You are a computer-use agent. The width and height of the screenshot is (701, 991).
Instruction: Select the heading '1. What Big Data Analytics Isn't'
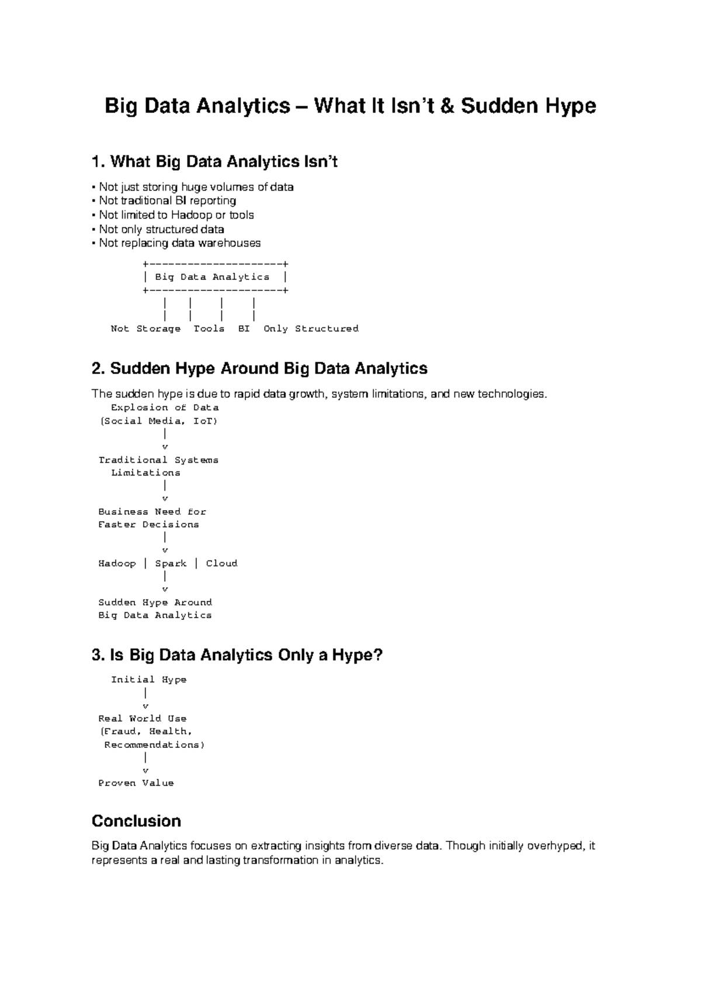point(215,161)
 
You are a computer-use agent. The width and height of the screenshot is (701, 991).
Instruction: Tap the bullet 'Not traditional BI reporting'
point(167,201)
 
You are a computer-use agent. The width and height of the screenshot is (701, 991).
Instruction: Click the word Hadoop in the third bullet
point(191,215)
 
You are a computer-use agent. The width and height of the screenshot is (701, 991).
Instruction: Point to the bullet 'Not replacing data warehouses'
point(179,243)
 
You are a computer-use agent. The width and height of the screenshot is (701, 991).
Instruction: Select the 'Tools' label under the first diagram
point(209,329)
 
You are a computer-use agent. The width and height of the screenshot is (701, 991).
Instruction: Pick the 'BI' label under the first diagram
point(244,329)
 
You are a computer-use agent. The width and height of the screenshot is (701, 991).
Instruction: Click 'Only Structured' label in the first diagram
point(311,329)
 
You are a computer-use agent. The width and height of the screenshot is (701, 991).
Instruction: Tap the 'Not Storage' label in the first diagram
point(145,329)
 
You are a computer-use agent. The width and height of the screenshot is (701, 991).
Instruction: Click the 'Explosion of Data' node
point(165,408)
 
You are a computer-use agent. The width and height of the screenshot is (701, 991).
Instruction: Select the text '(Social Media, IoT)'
point(159,421)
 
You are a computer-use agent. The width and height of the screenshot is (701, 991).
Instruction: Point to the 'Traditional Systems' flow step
point(158,460)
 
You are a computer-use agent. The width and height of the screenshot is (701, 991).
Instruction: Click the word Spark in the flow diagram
point(171,563)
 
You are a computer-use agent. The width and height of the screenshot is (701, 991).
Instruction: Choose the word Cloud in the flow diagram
point(221,563)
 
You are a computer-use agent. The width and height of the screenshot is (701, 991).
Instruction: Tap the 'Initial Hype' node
point(149,680)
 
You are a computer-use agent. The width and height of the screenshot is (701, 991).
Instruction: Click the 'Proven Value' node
point(136,783)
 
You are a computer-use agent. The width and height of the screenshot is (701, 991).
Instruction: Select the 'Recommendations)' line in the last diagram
point(154,745)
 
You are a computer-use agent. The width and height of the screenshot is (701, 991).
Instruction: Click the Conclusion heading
point(136,821)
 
